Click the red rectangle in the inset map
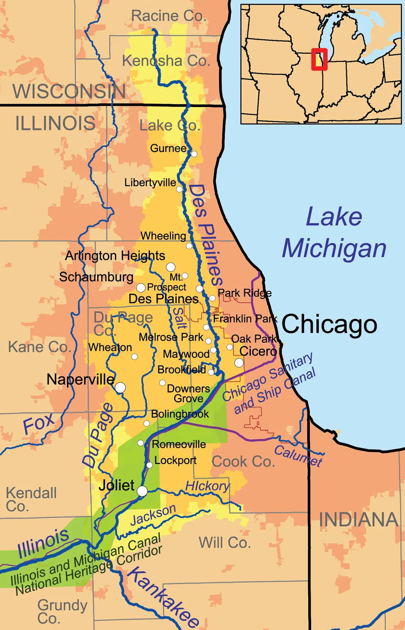pos(319,59)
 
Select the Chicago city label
pos(329,325)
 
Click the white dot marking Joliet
pos(142,491)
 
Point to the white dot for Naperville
pos(120,388)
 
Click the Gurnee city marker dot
pos(194,154)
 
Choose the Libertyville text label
pos(150,183)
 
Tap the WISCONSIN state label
pos(69,91)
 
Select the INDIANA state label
pos(358,520)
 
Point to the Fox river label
pos(38,423)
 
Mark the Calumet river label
pos(298,456)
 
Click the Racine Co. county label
pos(168,16)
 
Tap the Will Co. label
pos(225,542)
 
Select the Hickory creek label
pos(207,486)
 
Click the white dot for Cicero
pos(239,363)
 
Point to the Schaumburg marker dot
pos(141,288)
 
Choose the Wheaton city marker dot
pos(134,357)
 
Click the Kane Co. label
pos(39,347)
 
